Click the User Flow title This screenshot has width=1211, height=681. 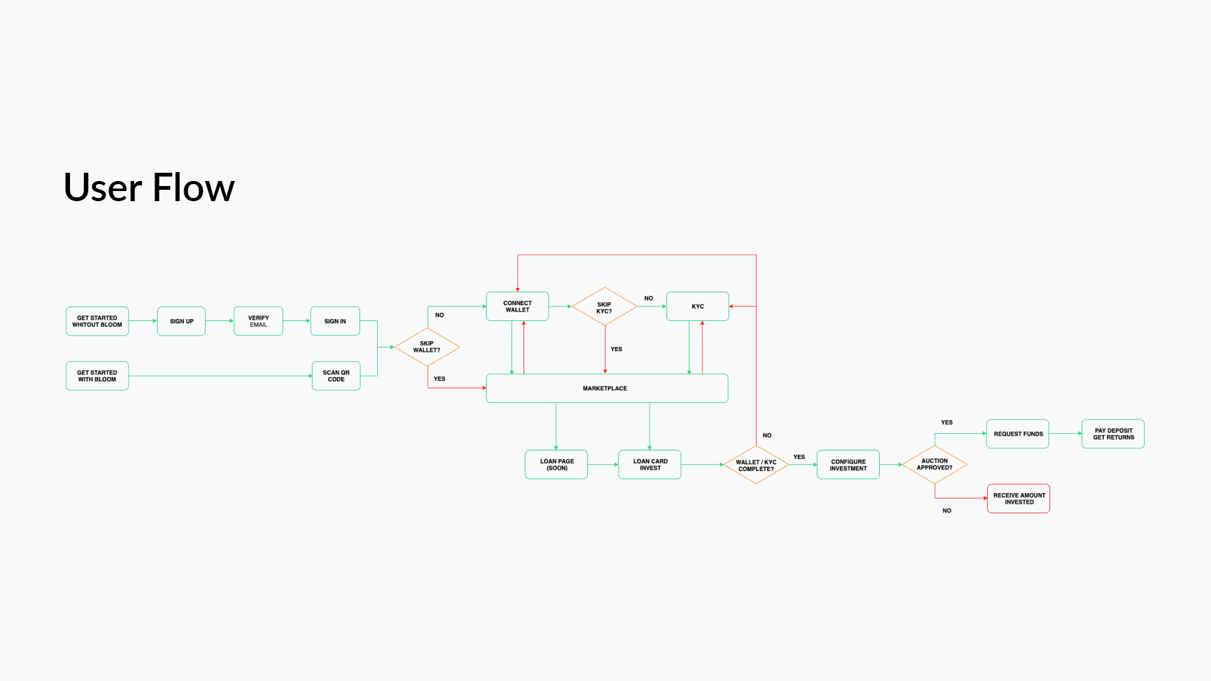tap(149, 187)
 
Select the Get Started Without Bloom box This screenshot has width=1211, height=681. tap(97, 322)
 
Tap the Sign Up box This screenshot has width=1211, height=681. tap(182, 322)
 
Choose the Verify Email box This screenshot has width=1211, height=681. tap(259, 322)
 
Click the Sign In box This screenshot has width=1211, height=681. tap(335, 322)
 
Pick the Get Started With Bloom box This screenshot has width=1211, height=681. tap(97, 376)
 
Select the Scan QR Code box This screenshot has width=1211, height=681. tap(336, 376)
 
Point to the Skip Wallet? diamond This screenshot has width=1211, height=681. tap(427, 347)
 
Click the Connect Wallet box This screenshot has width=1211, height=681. tap(517, 306)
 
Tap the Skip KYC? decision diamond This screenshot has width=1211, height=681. tap(604, 307)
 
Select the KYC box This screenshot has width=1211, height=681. tap(698, 306)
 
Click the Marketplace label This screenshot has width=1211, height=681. tap(605, 388)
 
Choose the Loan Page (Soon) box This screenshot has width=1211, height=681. tap(556, 465)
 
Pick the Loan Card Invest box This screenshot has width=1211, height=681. tap(650, 465)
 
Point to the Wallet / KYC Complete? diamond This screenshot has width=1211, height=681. tap(756, 465)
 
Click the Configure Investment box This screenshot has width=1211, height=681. tap(848, 465)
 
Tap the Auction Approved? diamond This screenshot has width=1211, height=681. tap(935, 464)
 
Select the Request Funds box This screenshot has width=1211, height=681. tap(1018, 434)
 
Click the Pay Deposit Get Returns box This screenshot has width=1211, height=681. tap(1113, 434)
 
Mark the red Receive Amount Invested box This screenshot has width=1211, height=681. tap(1019, 499)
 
